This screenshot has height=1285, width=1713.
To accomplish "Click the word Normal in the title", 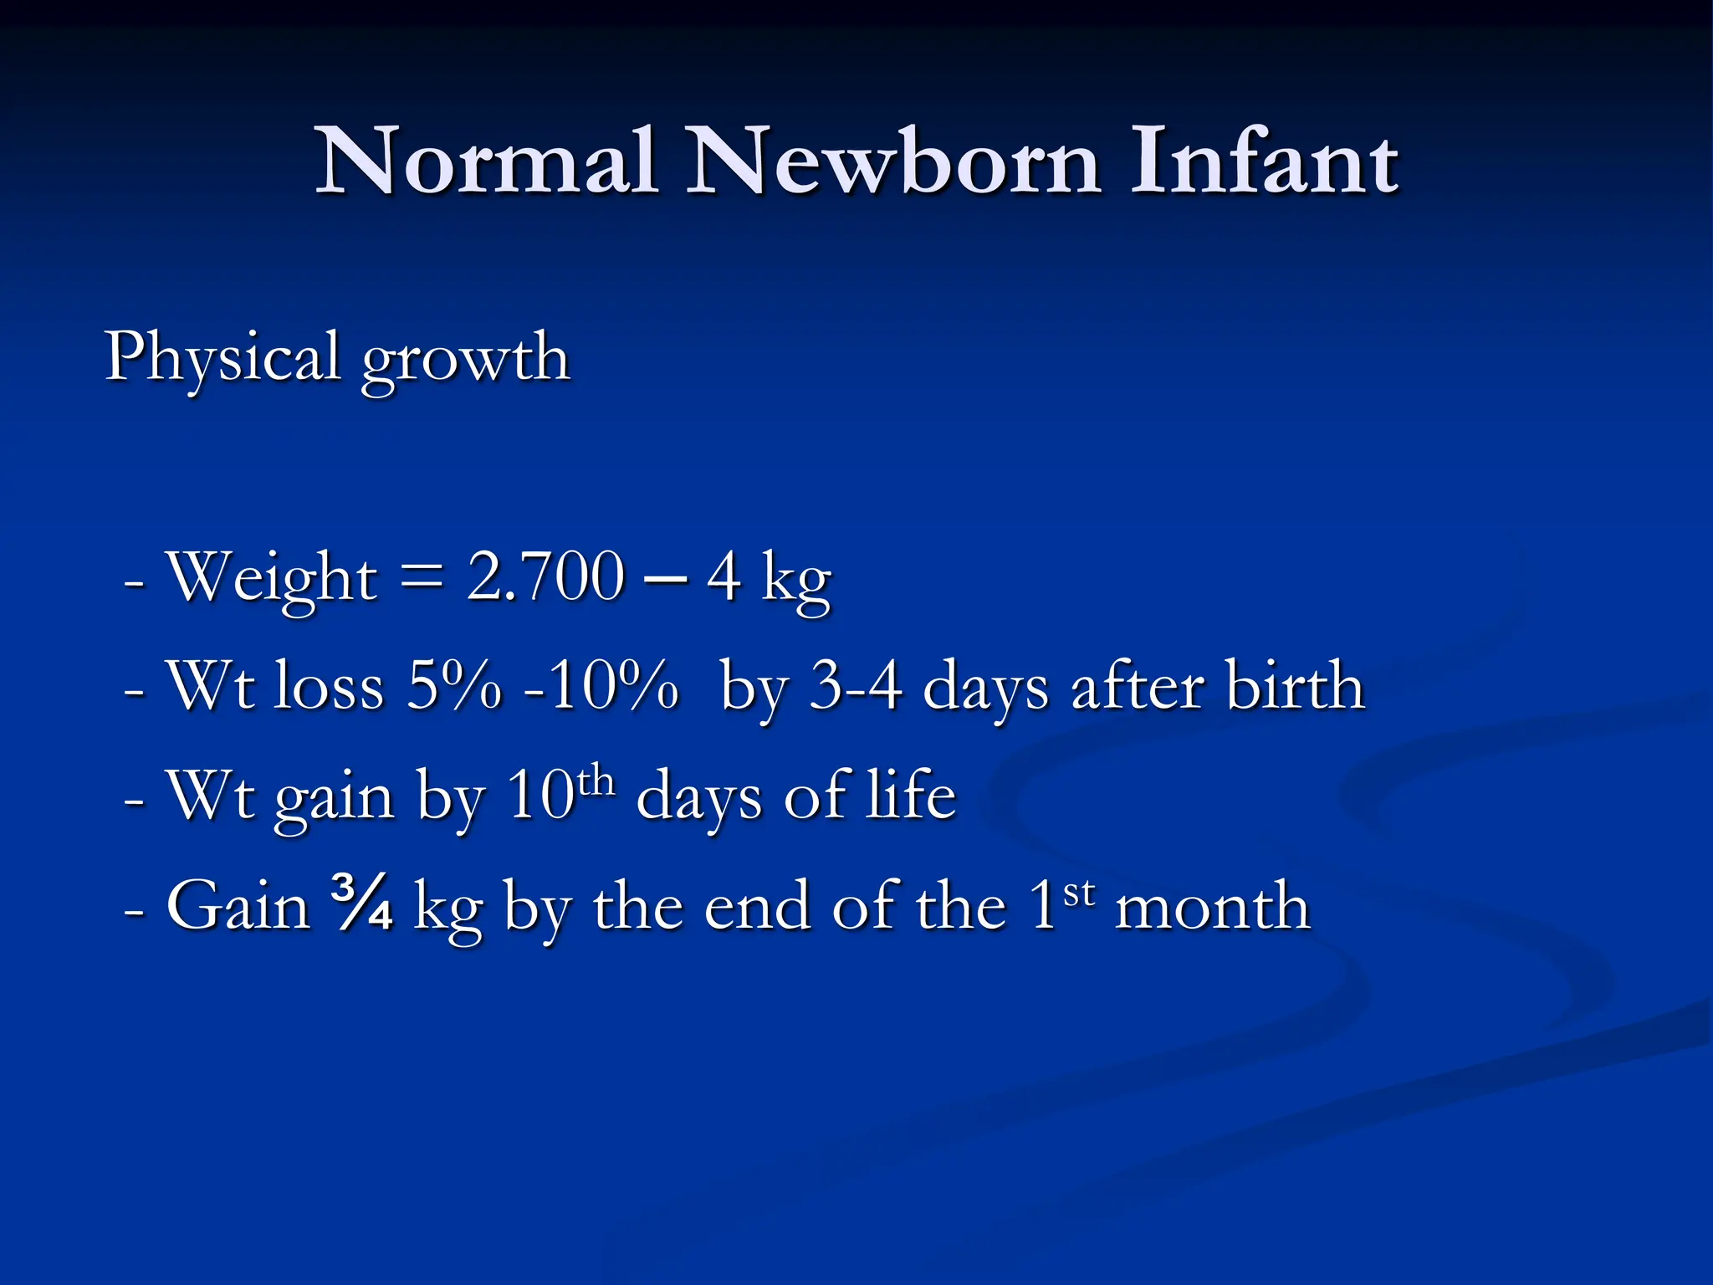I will click(x=485, y=161).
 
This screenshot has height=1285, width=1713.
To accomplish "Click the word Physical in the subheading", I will click(x=222, y=359).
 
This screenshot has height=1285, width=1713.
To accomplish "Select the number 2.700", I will click(x=545, y=576).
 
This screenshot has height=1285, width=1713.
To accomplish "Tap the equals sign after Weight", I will click(x=422, y=578).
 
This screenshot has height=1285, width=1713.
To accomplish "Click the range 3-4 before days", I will click(x=856, y=686).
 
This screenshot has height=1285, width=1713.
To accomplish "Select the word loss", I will click(x=330, y=686).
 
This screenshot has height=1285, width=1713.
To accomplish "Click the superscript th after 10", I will click(x=596, y=781).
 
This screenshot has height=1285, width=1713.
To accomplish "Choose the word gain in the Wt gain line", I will click(x=335, y=799).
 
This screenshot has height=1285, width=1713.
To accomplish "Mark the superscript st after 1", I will click(x=1078, y=893).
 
